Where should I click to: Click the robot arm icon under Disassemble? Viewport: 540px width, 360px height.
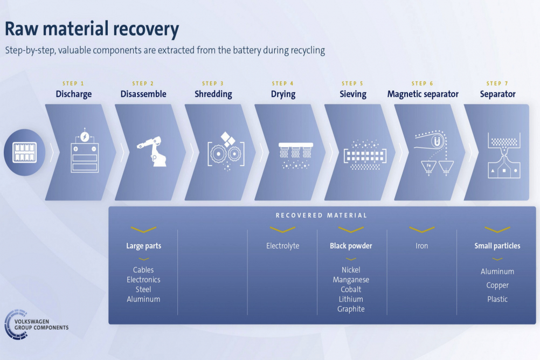click(152, 151)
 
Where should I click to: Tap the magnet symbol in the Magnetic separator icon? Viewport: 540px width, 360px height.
click(438, 141)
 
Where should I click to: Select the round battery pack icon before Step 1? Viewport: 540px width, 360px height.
click(24, 153)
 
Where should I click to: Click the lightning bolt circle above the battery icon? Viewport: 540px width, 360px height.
click(85, 137)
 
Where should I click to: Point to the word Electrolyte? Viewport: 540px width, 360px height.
click(283, 246)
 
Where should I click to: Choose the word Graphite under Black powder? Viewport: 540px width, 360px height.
click(351, 309)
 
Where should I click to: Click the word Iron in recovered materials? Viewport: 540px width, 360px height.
click(421, 246)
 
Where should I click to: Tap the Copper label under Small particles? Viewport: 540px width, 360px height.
click(497, 285)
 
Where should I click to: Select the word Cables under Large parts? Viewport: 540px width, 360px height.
click(143, 270)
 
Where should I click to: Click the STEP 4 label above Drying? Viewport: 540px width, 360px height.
click(283, 84)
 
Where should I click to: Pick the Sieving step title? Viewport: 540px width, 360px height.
click(353, 94)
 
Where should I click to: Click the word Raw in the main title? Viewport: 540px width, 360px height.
click(21, 29)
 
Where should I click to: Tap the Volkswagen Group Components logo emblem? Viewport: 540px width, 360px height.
click(16, 324)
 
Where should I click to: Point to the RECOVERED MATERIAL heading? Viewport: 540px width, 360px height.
click(321, 216)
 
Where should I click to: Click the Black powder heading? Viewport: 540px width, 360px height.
click(351, 246)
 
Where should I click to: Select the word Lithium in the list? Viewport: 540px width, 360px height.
click(351, 299)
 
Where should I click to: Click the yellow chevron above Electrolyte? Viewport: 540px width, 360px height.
click(282, 230)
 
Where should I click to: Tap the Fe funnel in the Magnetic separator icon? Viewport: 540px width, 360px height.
click(429, 167)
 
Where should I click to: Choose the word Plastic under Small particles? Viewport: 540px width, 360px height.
click(497, 299)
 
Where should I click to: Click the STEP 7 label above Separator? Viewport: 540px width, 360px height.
click(497, 84)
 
